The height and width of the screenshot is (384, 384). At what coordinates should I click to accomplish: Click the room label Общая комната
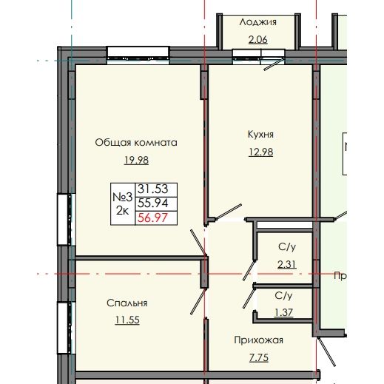[x=136, y=142]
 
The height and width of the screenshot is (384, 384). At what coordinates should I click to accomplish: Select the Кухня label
[x=261, y=135]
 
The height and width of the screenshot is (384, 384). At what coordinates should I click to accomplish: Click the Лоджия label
[x=257, y=21]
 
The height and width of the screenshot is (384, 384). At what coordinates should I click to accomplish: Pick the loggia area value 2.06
[x=257, y=38]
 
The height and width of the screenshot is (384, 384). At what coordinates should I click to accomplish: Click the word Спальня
[x=127, y=303]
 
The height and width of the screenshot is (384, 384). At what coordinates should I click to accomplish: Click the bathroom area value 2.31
[x=287, y=264]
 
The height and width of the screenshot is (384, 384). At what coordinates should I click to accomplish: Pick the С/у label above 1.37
[x=284, y=294]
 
